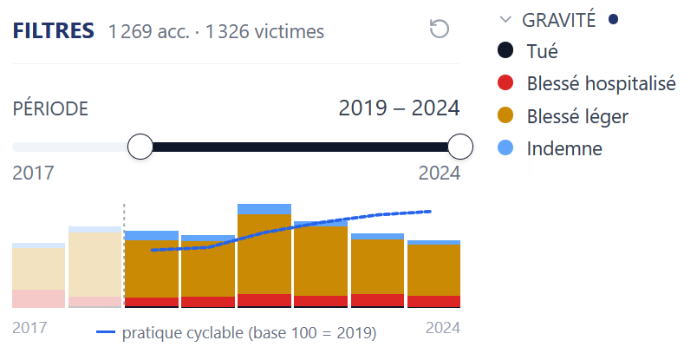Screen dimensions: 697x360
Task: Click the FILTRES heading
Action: (x=54, y=30)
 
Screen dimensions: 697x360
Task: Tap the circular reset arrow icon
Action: (x=440, y=29)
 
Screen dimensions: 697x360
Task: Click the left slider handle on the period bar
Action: (x=140, y=147)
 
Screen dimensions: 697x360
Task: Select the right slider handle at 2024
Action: (x=460, y=147)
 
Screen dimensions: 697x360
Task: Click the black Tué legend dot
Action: (x=505, y=50)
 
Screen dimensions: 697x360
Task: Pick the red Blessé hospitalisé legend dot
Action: (x=505, y=82)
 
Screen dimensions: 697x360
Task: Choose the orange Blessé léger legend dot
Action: (x=505, y=115)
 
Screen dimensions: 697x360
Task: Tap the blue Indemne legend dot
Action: (x=505, y=147)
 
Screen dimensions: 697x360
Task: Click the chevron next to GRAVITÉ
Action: (x=505, y=20)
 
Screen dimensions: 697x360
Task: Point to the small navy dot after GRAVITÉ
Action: (x=614, y=19)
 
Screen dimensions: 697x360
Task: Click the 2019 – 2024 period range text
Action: (x=399, y=108)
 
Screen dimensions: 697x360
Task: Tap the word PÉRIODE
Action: (x=50, y=108)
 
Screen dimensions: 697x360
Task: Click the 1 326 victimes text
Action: (x=265, y=31)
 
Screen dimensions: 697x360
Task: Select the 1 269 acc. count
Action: (x=149, y=31)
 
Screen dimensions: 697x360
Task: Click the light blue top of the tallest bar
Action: (x=264, y=209)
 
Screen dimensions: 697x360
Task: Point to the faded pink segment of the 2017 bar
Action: (x=39, y=298)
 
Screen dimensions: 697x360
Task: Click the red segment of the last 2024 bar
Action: (x=433, y=301)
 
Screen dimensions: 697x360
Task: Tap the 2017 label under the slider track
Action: (x=33, y=173)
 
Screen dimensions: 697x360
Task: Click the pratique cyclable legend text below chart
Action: (x=249, y=333)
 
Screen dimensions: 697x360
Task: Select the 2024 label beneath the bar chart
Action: (x=443, y=328)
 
